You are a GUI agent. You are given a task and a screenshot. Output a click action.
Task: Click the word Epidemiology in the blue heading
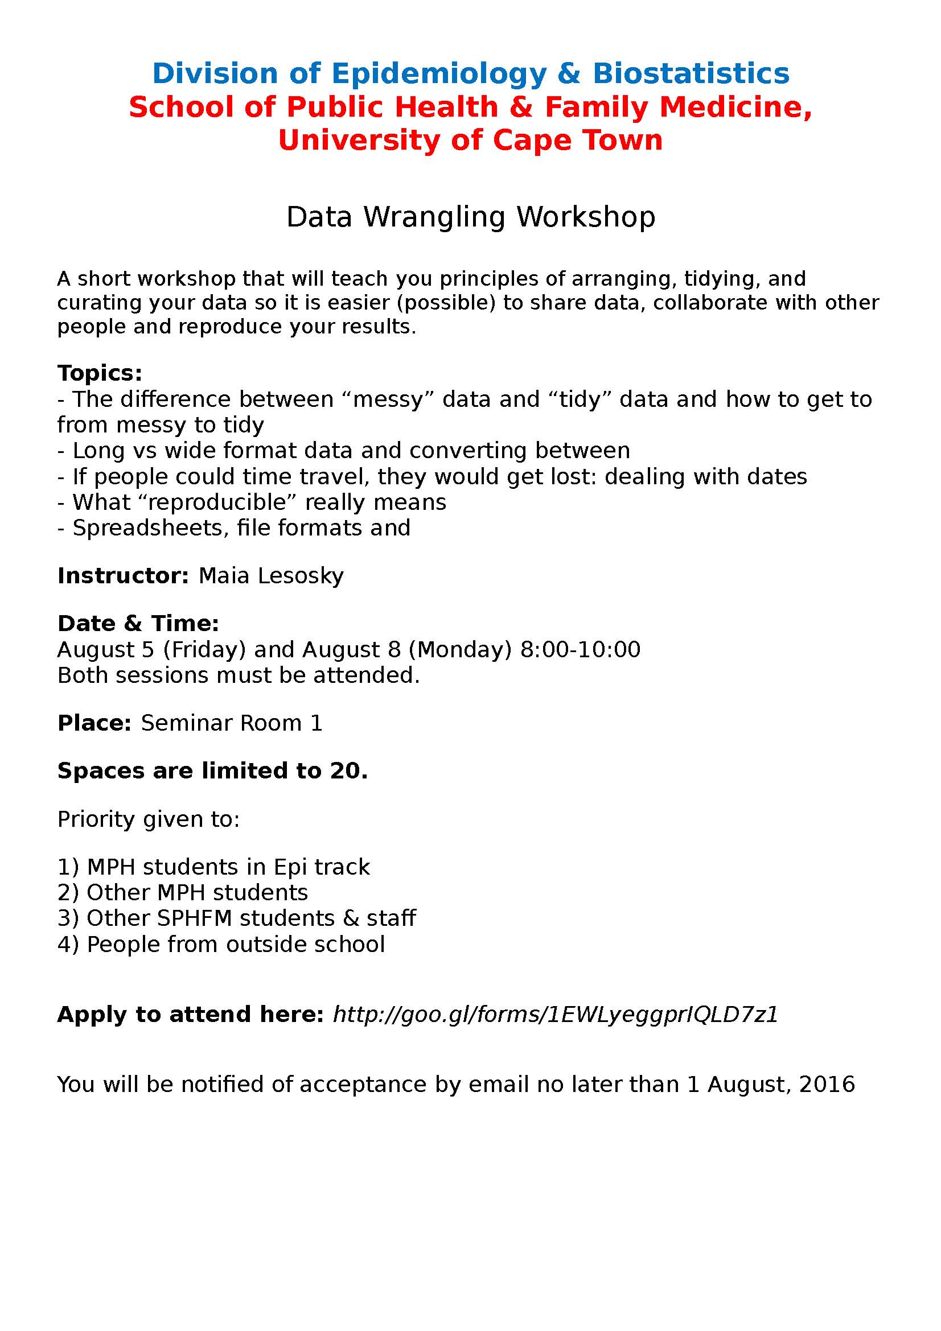439,73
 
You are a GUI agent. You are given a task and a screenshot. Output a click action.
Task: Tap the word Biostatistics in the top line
691,73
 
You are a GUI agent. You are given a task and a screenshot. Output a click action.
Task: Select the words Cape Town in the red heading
577,141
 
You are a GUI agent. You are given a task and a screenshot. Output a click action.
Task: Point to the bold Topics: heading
100,373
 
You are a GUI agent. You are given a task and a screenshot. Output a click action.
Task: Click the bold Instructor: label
123,576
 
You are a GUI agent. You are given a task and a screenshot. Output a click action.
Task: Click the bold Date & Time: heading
138,623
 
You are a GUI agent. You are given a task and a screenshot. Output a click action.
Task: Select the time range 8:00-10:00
580,649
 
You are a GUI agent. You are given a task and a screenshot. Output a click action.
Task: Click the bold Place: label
94,723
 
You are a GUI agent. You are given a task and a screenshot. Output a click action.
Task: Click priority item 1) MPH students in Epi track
213,867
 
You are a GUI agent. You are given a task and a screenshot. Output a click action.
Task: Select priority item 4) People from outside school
221,945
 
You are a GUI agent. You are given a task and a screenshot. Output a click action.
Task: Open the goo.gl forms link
555,1014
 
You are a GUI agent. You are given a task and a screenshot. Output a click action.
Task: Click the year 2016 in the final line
827,1084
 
